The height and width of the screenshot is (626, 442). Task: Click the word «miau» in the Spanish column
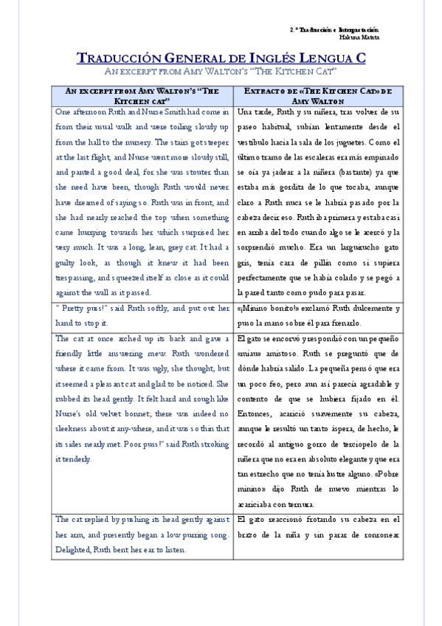[252, 354]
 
